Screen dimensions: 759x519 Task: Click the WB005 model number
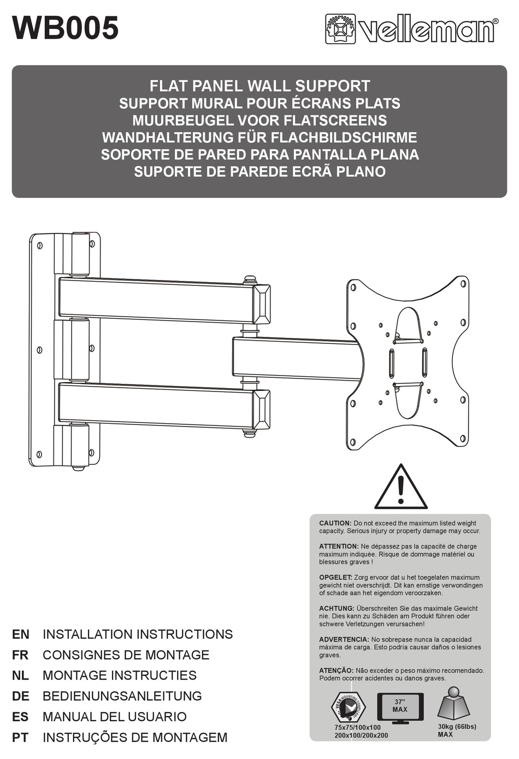coord(65,28)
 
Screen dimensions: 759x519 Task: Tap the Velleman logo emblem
coord(340,28)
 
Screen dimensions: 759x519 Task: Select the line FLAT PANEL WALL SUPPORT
coord(259,86)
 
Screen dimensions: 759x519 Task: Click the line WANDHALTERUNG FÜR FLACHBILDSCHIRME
coord(259,137)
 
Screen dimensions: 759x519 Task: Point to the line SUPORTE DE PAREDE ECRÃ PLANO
coord(259,172)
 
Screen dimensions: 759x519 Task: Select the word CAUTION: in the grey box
coord(335,523)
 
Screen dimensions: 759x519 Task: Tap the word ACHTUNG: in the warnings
coord(337,608)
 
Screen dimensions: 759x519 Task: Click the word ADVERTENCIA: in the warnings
coord(344,639)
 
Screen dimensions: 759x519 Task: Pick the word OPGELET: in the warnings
coord(335,577)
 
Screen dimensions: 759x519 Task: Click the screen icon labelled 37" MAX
coord(400,708)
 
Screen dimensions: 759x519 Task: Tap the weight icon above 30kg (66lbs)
coord(454,704)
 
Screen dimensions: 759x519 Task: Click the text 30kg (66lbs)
coord(457,727)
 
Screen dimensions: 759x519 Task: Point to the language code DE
coord(20,696)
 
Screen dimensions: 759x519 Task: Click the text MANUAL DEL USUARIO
coord(115,717)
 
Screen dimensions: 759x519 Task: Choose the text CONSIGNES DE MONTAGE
coord(126,655)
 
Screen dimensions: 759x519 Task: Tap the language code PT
coord(20,738)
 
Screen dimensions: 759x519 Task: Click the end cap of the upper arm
coord(262,305)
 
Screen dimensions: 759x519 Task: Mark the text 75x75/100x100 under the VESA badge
coord(357,728)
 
